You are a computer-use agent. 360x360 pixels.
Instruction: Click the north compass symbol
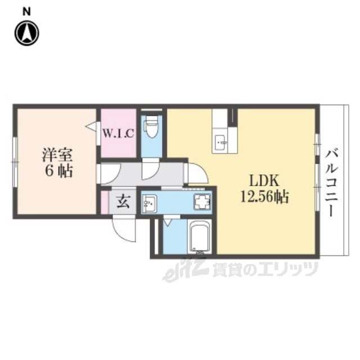(x=27, y=33)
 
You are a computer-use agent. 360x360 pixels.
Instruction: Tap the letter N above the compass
(x=26, y=11)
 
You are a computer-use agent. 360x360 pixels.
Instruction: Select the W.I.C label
(x=118, y=134)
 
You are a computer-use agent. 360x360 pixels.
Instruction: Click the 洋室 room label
(x=57, y=155)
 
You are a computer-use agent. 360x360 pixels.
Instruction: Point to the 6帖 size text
(x=58, y=171)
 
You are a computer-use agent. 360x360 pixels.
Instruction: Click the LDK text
(x=264, y=181)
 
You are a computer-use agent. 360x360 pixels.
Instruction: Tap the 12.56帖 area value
(x=264, y=197)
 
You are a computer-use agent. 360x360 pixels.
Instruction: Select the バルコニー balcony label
(x=332, y=183)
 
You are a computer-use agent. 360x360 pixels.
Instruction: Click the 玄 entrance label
(x=124, y=201)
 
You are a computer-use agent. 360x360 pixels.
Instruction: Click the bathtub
(x=199, y=237)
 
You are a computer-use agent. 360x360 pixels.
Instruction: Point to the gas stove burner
(x=202, y=202)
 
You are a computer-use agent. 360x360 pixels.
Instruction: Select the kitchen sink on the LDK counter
(x=220, y=143)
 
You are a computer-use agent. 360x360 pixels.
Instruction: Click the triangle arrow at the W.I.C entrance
(x=91, y=127)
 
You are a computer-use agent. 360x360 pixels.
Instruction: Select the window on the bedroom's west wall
(x=15, y=162)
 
